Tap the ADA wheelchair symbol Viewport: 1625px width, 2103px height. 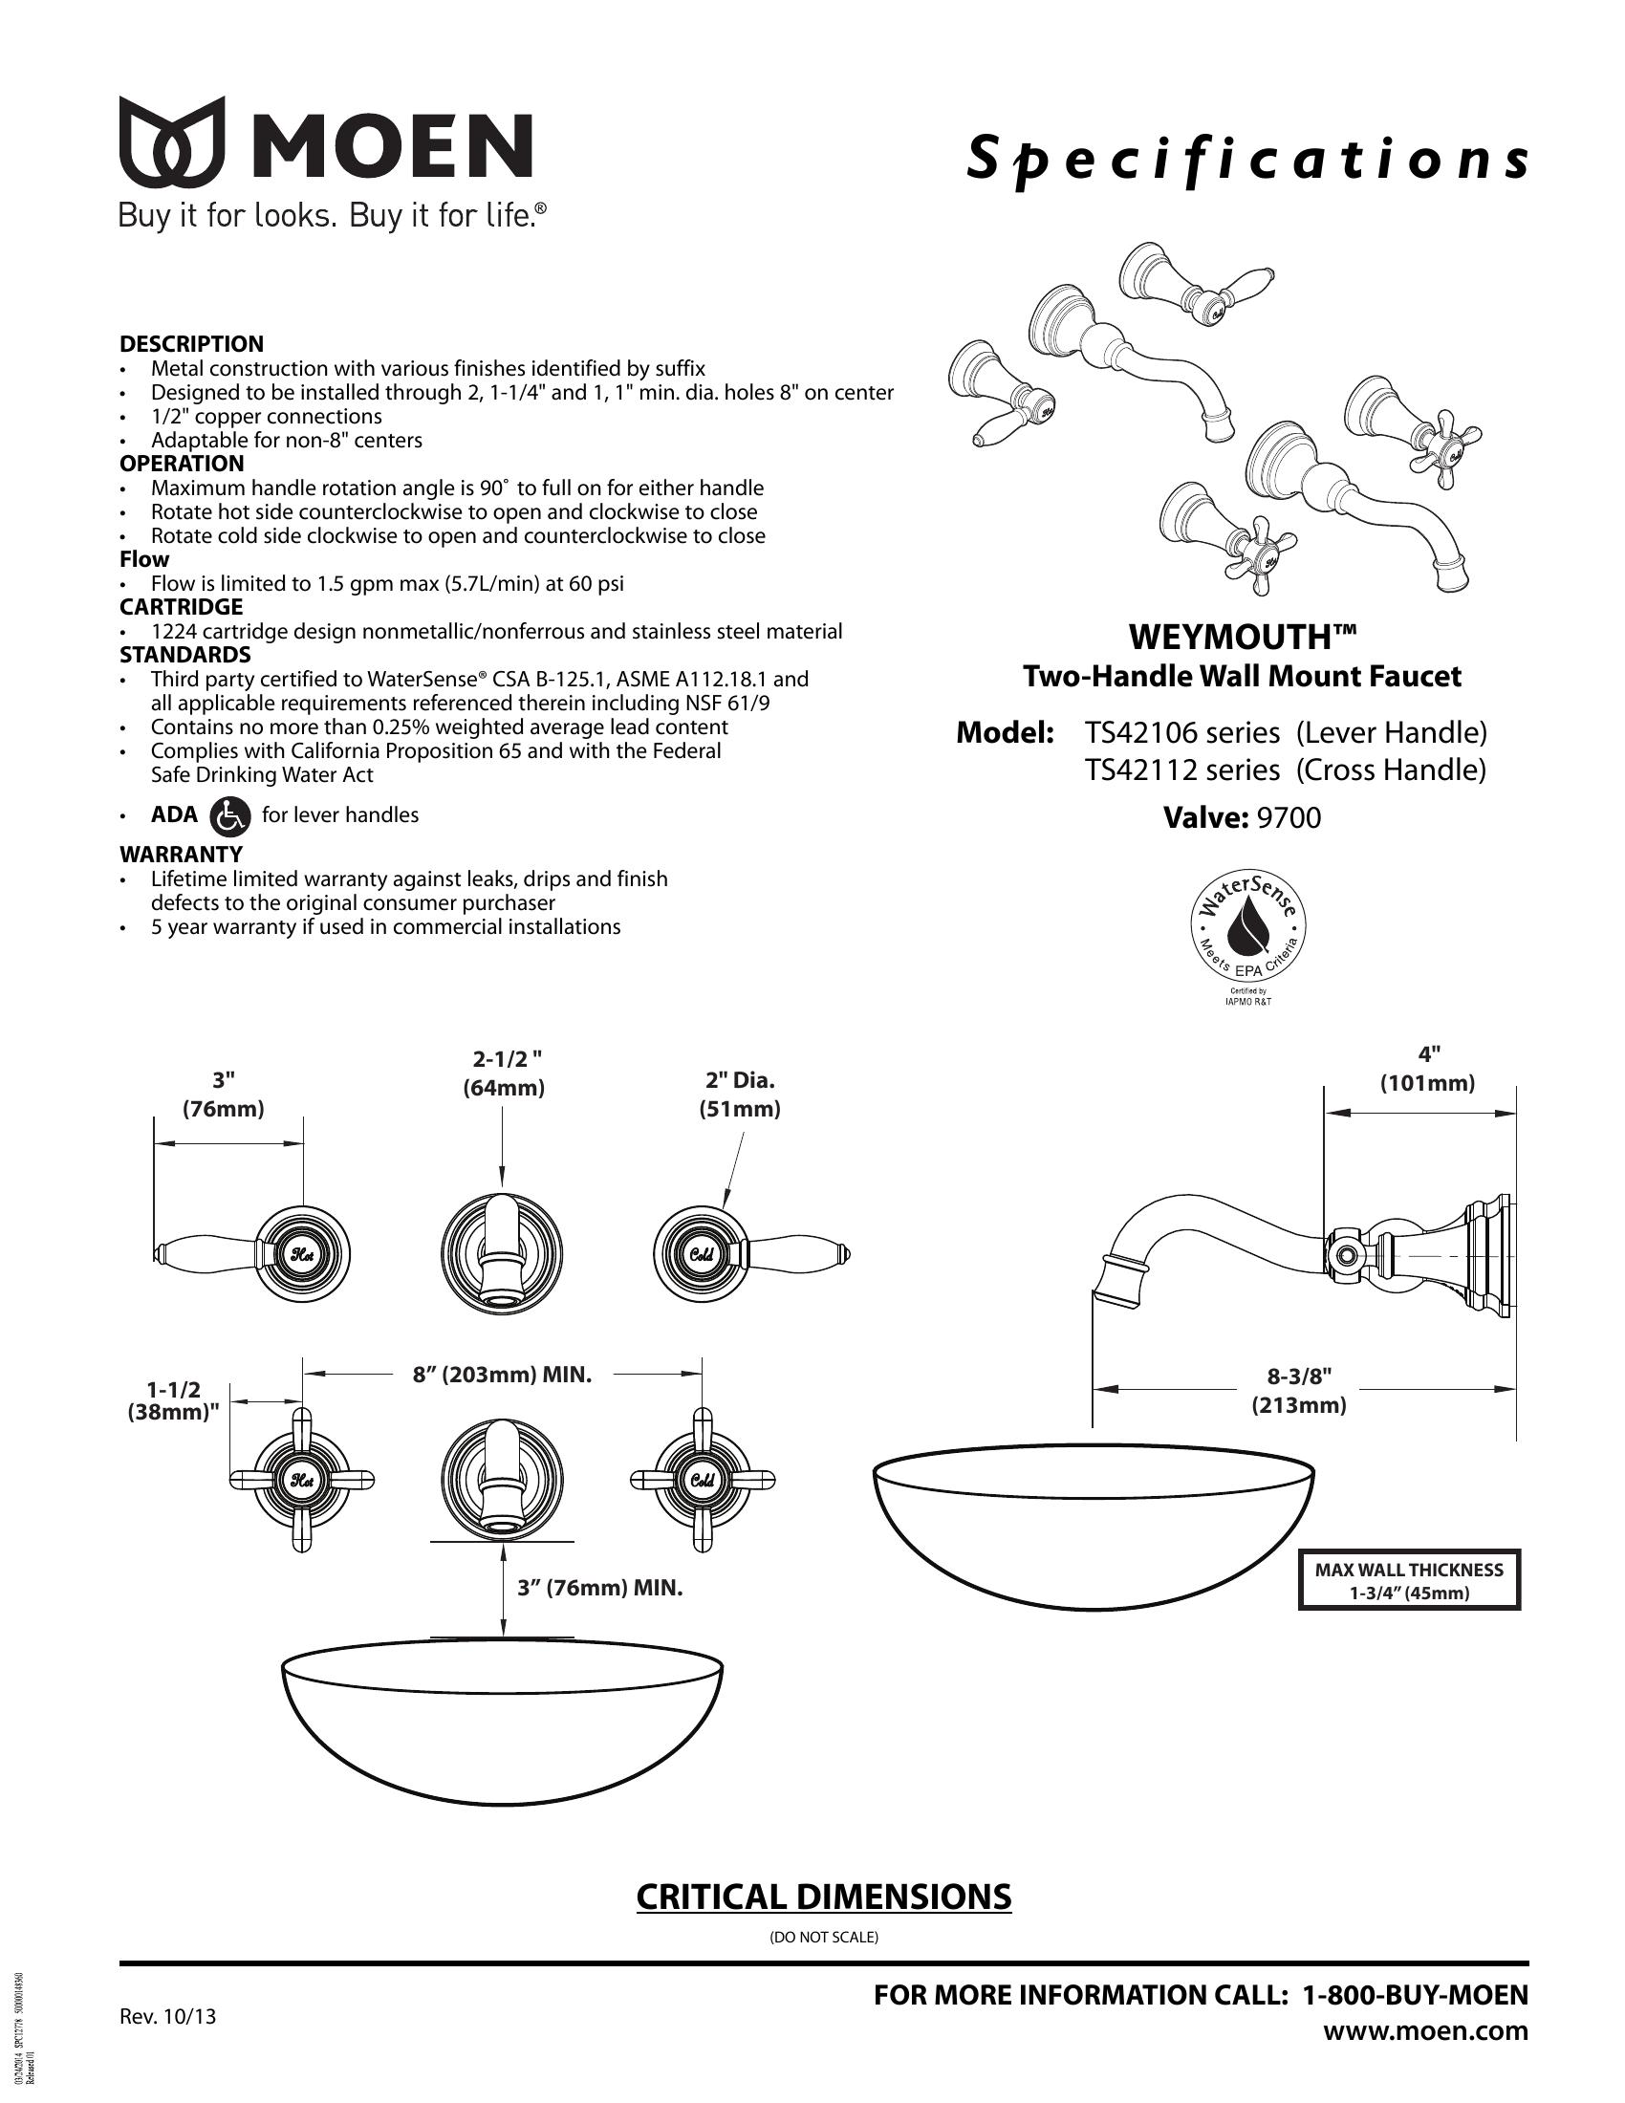pyautogui.click(x=230, y=815)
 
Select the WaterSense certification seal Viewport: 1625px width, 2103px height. pyautogui.click(x=1247, y=930)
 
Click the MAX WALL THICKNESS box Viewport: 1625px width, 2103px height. pyautogui.click(x=1408, y=1580)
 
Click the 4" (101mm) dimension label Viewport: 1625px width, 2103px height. pyautogui.click(x=1428, y=1069)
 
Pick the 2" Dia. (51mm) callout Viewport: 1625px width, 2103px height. pyautogui.click(x=739, y=1095)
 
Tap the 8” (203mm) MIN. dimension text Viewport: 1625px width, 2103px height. pyautogui.click(x=503, y=1374)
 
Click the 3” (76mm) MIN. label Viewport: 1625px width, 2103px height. pyautogui.click(x=599, y=1588)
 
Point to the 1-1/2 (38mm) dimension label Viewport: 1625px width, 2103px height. pyautogui.click(x=174, y=1401)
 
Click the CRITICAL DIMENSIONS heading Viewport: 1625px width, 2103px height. pyautogui.click(x=823, y=1896)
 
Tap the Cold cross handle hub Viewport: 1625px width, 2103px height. pyautogui.click(x=702, y=1480)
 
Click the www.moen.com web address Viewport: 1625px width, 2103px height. pyautogui.click(x=1425, y=2030)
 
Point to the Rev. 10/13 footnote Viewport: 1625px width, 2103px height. pyautogui.click(x=167, y=2016)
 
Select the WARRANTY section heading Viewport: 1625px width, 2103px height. pyautogui.click(x=181, y=854)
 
